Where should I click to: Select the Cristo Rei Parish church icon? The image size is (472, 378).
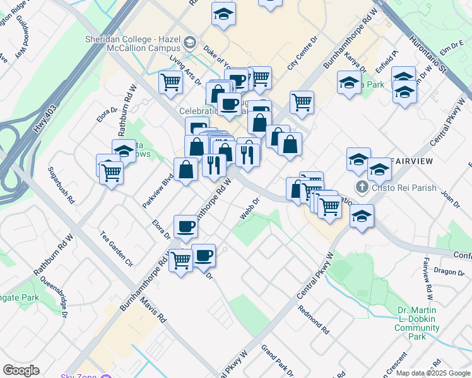362,186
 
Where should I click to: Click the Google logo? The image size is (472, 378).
21,370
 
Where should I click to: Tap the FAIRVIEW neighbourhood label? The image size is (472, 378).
411,161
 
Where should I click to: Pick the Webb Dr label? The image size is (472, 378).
250,210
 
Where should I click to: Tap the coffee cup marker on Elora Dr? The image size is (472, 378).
186,226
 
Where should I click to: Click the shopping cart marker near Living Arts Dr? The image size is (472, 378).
171,82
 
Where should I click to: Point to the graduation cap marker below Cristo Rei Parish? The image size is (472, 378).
362,216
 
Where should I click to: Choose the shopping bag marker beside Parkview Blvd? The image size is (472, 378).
186,170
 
